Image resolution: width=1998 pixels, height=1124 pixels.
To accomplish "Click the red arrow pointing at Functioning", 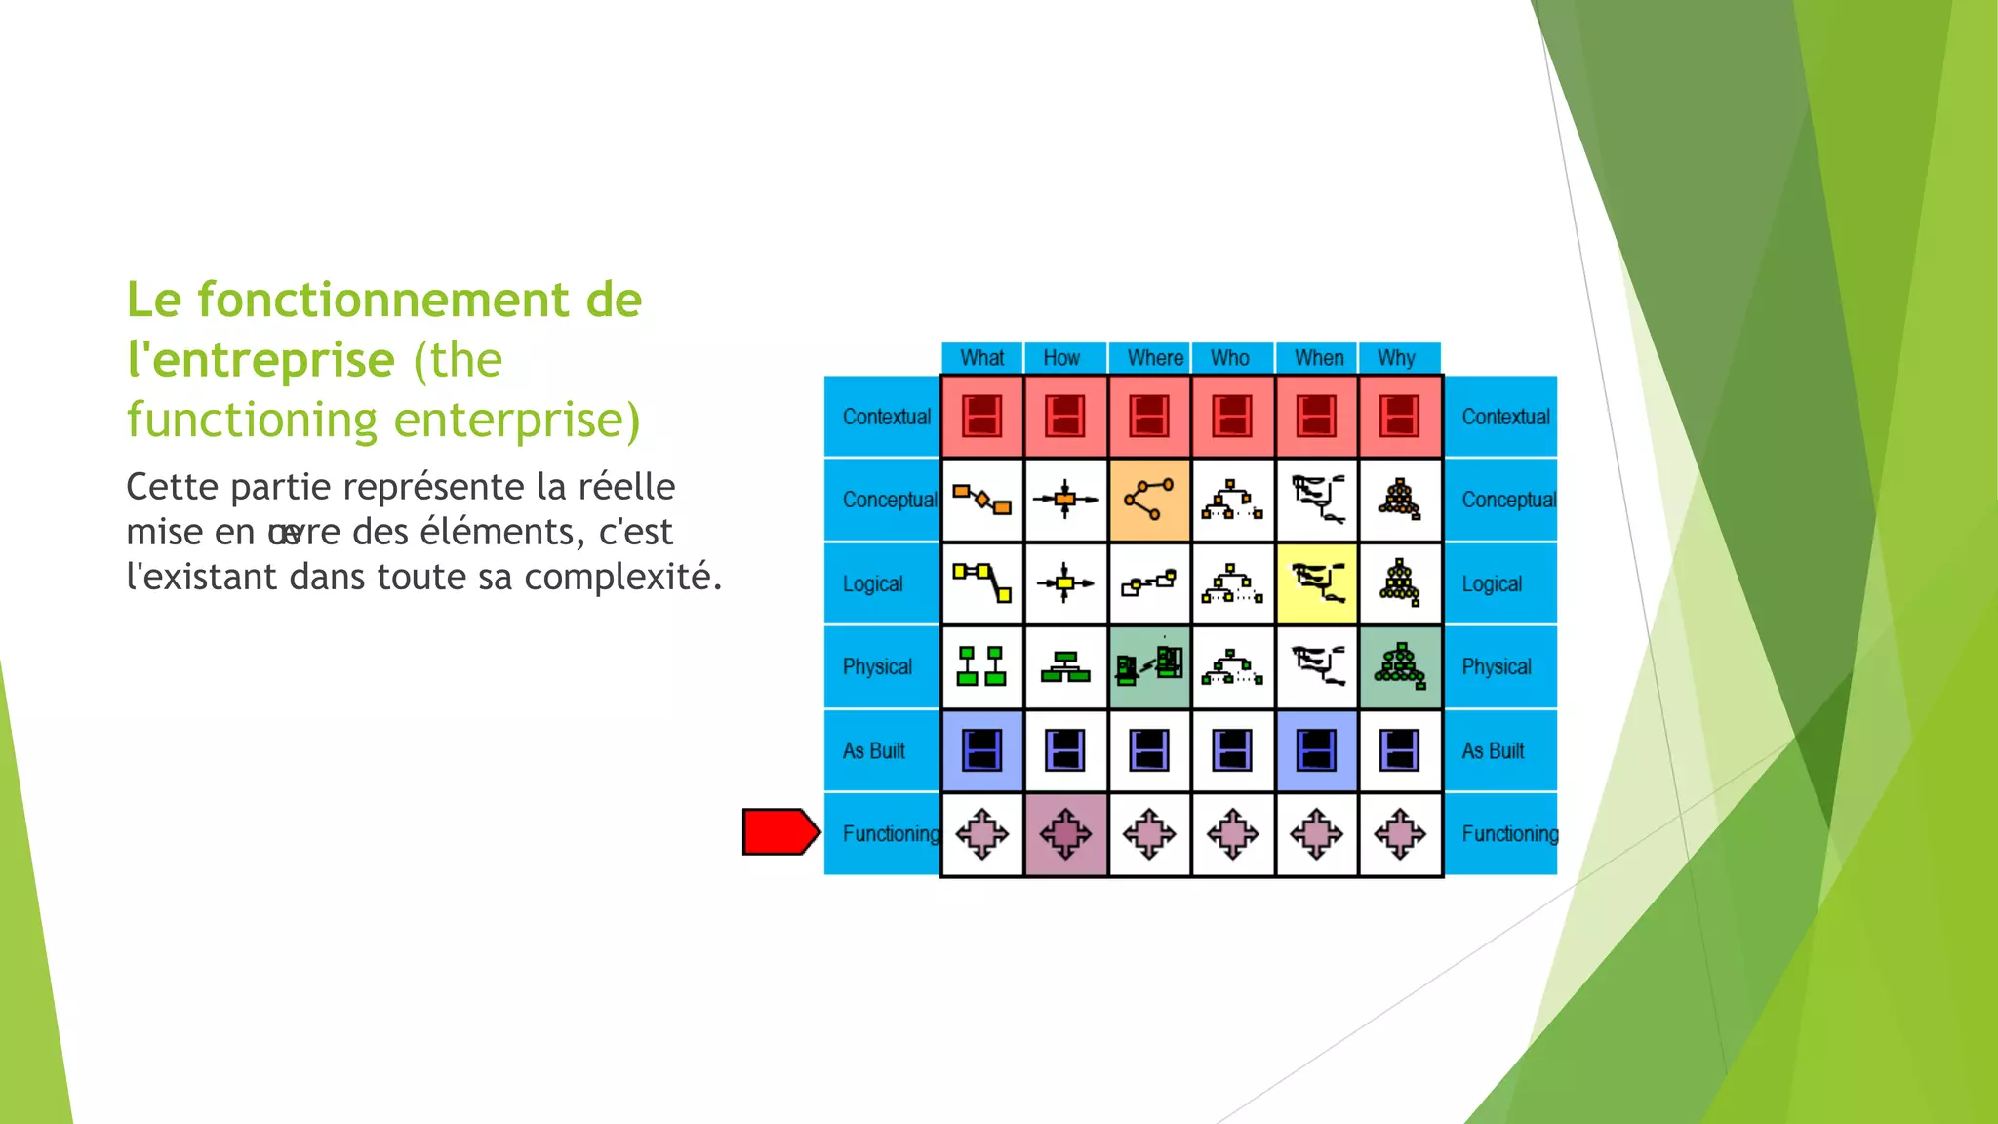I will pyautogui.click(x=779, y=832).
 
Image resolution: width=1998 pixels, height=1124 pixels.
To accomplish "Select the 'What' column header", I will pyautogui.click(x=981, y=358).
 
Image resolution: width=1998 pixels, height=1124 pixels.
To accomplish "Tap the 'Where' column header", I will pyautogui.click(x=1155, y=358).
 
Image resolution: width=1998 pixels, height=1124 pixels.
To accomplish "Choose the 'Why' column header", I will pyautogui.click(x=1396, y=358).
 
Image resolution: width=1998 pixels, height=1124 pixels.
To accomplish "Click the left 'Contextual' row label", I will pyautogui.click(x=886, y=417).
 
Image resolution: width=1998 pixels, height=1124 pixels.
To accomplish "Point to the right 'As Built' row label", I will pyautogui.click(x=1493, y=750).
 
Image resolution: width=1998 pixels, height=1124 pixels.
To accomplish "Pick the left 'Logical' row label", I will pyautogui.click(x=872, y=583).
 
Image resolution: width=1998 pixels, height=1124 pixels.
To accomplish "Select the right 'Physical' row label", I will pyautogui.click(x=1496, y=666).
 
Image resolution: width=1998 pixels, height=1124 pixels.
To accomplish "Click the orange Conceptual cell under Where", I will pyautogui.click(x=1149, y=500).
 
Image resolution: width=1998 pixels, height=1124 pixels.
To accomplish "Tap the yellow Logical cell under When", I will pyautogui.click(x=1316, y=583).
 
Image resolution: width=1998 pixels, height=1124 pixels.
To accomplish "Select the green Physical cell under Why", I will pyautogui.click(x=1400, y=666).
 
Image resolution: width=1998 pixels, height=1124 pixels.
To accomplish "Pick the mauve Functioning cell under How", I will pyautogui.click(x=1065, y=834).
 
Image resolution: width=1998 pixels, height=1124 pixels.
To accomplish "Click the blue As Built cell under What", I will pyautogui.click(x=981, y=750).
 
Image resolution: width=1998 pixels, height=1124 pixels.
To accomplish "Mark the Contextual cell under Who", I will pyautogui.click(x=1232, y=416).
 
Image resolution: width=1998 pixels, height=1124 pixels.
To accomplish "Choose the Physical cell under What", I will pyautogui.click(x=981, y=666).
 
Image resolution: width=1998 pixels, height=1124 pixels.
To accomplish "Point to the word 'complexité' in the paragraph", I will pyautogui.click(x=621, y=577).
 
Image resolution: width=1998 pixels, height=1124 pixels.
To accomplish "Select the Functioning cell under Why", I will pyautogui.click(x=1400, y=834).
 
